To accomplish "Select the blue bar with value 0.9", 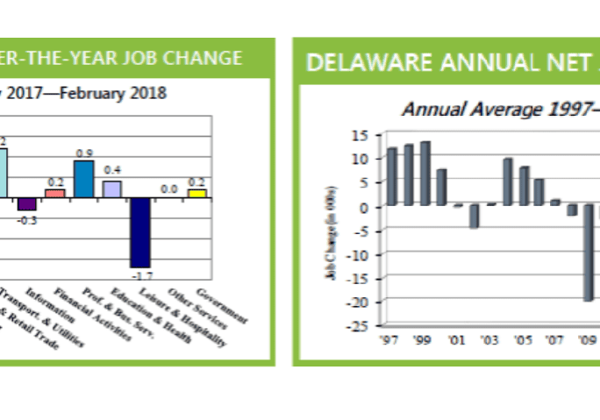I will (x=84, y=179).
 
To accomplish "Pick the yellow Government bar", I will (x=197, y=193).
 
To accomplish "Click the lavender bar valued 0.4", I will (x=112, y=189).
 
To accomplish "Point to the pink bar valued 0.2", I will (x=55, y=193).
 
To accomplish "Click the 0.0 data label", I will (x=170, y=188).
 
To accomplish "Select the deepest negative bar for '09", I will (x=589, y=253).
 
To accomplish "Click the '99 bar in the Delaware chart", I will (x=425, y=174).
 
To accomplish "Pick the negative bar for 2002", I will (x=474, y=216).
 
